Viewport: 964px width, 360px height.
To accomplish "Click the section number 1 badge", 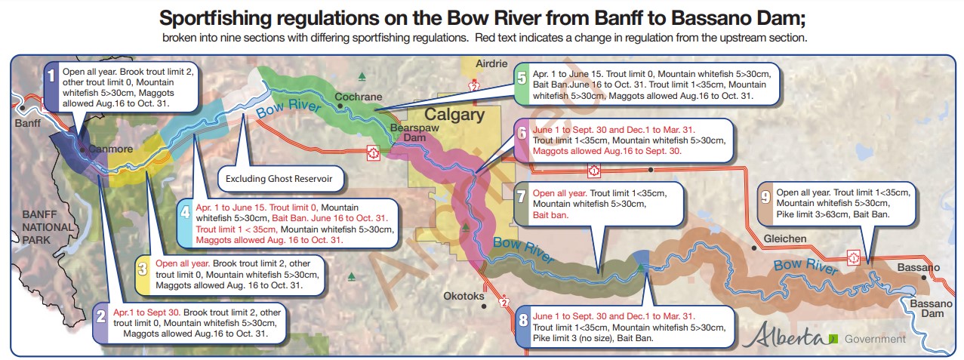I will click(51, 75).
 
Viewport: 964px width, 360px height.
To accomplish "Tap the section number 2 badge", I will click(101, 317).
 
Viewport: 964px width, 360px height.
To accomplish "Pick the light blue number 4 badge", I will click(185, 213).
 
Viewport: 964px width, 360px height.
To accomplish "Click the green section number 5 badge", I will click(522, 78).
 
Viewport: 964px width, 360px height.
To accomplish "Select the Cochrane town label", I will click(358, 97).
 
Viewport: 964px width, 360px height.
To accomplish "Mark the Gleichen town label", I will click(784, 238).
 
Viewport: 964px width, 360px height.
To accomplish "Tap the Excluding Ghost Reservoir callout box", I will click(279, 180).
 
